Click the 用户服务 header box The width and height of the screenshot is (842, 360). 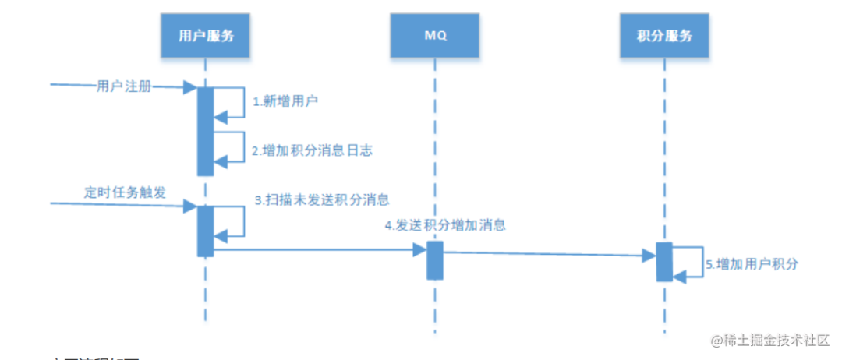(206, 36)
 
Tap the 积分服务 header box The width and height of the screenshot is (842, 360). (664, 36)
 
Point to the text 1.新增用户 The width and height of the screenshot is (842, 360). (285, 101)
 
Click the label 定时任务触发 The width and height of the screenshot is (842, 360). (125, 192)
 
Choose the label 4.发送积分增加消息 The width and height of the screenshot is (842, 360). (445, 226)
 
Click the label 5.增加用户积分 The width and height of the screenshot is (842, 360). (752, 264)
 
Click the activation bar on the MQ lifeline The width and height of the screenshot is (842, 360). (435, 260)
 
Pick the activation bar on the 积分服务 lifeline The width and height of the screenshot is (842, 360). (664, 262)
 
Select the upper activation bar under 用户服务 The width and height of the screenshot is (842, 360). (205, 131)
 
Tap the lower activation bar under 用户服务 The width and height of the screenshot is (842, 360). (205, 231)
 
